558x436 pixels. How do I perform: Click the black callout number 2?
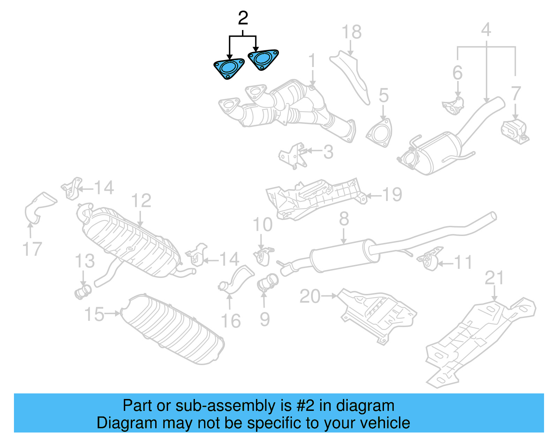pyautogui.click(x=243, y=18)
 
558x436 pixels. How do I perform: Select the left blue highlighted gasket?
pyautogui.click(x=228, y=68)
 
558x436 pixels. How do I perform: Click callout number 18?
pyautogui.click(x=351, y=32)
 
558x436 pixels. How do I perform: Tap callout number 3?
pyautogui.click(x=328, y=152)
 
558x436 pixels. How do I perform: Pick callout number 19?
pyautogui.click(x=392, y=194)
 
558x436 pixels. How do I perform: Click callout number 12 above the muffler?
pyautogui.click(x=141, y=201)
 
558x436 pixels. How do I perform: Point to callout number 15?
pyautogui.click(x=94, y=314)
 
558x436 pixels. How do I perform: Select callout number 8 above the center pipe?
pyautogui.click(x=344, y=219)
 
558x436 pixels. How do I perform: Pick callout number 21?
pyautogui.click(x=494, y=278)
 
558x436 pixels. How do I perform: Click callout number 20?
pyautogui.click(x=310, y=296)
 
